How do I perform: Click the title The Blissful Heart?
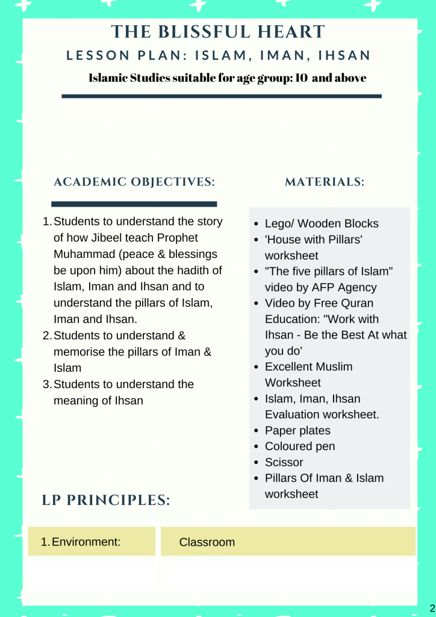(218, 32)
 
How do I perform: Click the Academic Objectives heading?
(134, 182)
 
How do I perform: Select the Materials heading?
(325, 182)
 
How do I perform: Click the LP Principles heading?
(106, 500)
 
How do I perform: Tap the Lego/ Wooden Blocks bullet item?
(322, 224)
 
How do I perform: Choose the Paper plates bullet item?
(297, 430)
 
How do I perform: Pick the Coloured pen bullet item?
(300, 446)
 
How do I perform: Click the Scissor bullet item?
(284, 462)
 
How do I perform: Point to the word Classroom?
(207, 542)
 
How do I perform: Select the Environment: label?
(86, 542)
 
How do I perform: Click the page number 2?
(432, 607)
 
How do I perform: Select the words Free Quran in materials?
(344, 303)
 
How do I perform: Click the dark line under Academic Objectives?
(134, 204)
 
